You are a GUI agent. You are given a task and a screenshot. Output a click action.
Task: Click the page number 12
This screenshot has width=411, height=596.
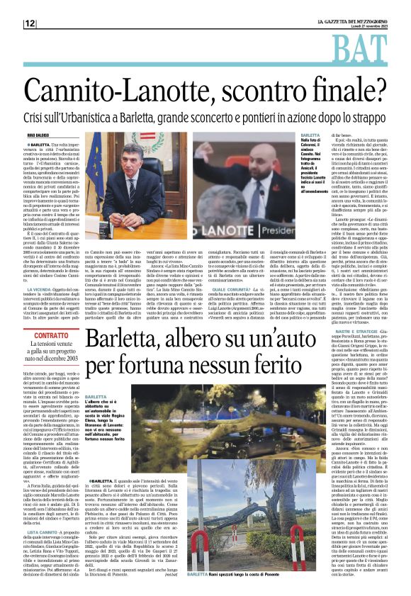coord(30,23)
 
